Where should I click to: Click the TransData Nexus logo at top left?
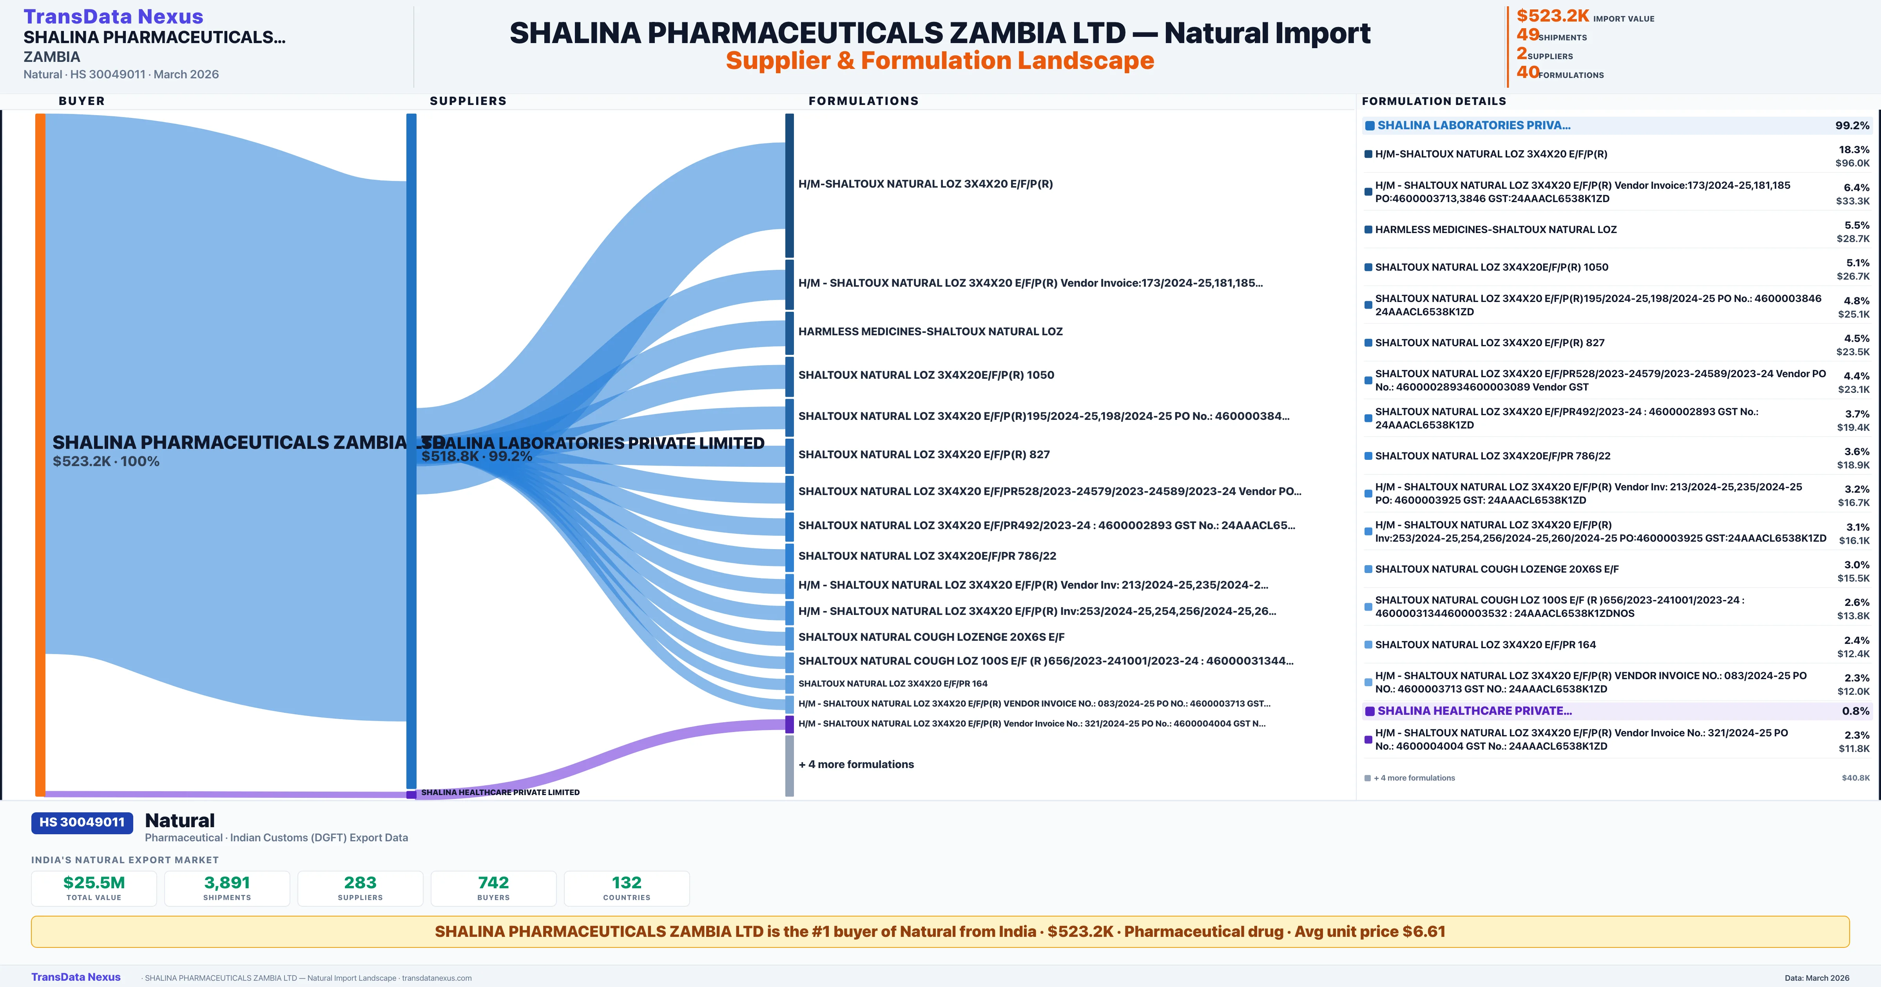click(113, 16)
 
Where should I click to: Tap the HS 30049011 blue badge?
click(82, 822)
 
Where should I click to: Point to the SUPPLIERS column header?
click(468, 101)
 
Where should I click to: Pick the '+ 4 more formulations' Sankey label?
click(856, 765)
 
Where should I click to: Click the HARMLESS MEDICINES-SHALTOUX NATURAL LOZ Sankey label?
click(930, 331)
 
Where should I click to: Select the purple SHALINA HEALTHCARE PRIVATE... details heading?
click(1474, 711)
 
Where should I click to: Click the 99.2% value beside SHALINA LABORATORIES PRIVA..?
click(1852, 126)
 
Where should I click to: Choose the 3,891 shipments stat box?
click(227, 888)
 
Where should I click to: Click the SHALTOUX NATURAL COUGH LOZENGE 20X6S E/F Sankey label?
click(931, 637)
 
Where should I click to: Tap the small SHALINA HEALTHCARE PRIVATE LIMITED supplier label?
click(500, 792)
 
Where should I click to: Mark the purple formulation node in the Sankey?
click(789, 724)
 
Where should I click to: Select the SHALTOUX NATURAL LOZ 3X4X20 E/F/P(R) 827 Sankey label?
click(924, 455)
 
